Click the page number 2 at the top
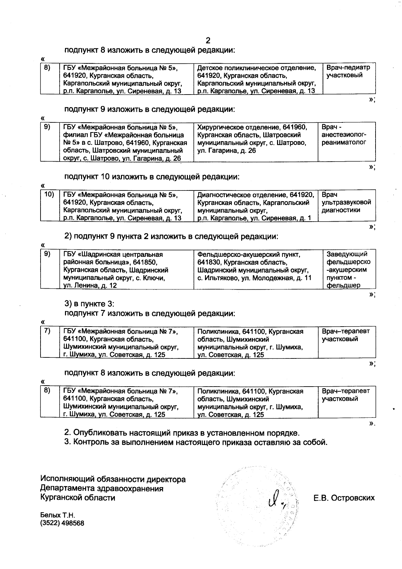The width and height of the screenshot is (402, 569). click(208, 41)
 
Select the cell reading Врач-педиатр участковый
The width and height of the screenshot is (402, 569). click(348, 71)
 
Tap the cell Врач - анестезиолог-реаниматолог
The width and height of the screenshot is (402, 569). click(344, 135)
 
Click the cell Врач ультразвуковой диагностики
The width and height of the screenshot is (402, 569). click(346, 203)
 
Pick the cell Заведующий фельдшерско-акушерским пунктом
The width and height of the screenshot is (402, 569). click(348, 270)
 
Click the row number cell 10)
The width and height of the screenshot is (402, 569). click(49, 194)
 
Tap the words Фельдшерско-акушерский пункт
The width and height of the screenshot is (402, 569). click(248, 254)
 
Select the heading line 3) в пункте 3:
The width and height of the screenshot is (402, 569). click(89, 304)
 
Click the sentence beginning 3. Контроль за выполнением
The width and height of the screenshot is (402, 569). click(196, 442)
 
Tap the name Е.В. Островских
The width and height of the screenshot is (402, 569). click(344, 498)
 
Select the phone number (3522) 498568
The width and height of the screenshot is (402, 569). click(62, 523)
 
